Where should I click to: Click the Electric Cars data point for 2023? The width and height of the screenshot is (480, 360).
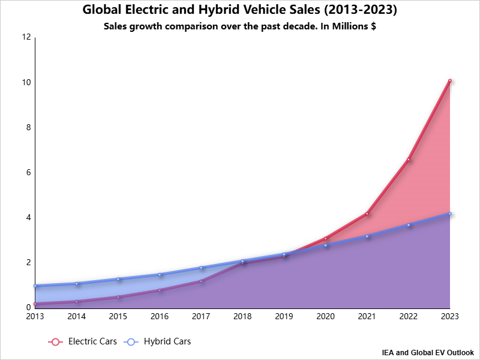[449, 80]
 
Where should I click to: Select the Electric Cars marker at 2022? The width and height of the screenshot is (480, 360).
[408, 160]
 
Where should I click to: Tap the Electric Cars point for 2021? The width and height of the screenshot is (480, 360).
[367, 214]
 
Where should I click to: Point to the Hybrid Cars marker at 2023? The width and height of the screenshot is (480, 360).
[449, 214]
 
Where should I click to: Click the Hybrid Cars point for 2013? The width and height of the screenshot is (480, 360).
[35, 286]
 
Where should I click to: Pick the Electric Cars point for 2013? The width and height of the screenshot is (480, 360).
[35, 304]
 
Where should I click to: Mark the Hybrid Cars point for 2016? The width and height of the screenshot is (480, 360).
[160, 275]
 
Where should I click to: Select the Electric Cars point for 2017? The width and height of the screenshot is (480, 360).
[201, 281]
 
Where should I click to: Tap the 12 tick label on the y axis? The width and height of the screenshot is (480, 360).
[26, 37]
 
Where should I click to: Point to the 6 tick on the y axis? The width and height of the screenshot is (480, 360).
[28, 173]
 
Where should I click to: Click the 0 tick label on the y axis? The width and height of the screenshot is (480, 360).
[28, 308]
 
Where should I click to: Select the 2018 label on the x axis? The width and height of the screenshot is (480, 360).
[242, 316]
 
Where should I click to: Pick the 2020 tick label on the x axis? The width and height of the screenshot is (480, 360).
[325, 316]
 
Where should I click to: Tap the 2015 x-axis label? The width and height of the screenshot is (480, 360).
[118, 316]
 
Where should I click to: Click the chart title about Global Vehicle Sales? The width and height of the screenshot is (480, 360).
[240, 11]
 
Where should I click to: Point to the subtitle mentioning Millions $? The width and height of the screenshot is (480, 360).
[240, 27]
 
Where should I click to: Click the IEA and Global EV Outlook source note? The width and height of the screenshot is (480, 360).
[427, 352]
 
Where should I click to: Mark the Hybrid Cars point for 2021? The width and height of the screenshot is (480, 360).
[367, 236]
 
